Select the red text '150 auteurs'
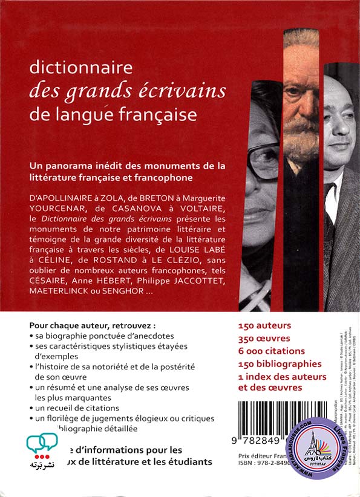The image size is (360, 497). point(264,325)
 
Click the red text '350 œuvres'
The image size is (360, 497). point(264,339)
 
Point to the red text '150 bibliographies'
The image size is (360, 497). point(280,364)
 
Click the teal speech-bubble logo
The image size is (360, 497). point(42,445)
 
